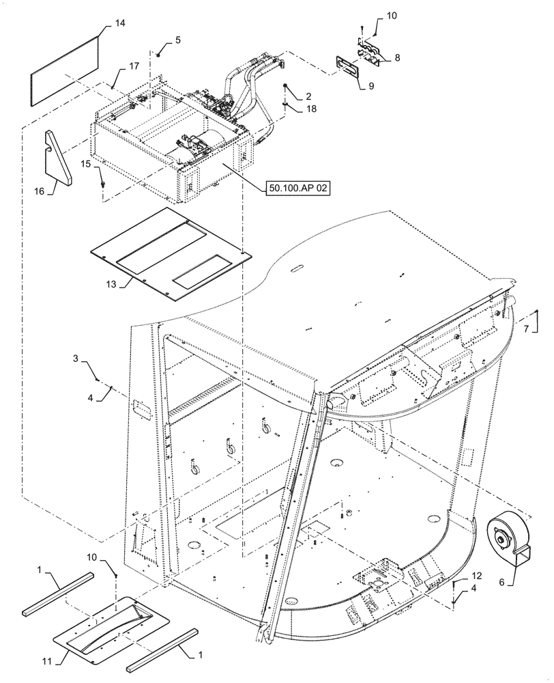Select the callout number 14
(119, 24)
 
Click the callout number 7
(526, 330)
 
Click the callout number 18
(311, 108)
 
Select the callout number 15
(87, 164)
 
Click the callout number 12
(476, 577)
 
